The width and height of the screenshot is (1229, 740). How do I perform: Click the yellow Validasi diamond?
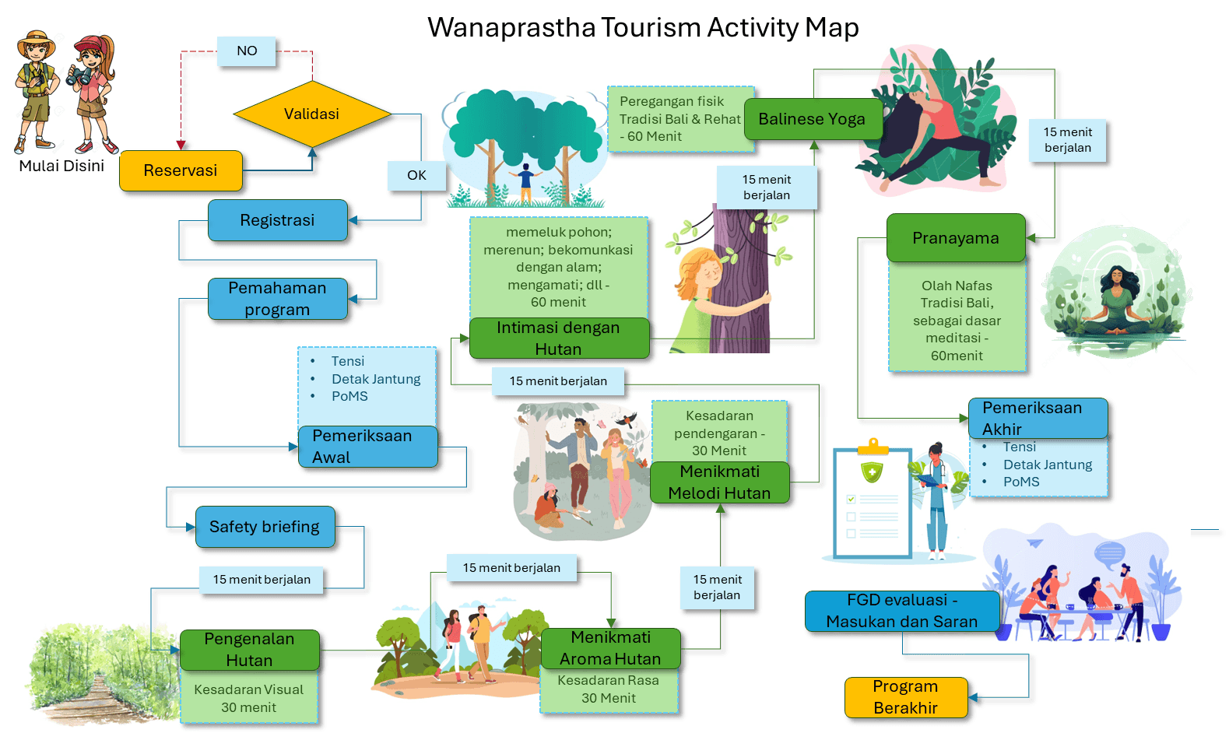point(311,114)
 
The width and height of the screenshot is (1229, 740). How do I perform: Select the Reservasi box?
point(180,170)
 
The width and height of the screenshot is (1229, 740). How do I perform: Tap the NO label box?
point(247,51)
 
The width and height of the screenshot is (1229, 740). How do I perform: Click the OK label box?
point(416,176)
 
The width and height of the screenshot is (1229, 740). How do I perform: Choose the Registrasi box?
point(277,220)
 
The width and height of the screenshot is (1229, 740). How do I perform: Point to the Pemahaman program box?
point(277,299)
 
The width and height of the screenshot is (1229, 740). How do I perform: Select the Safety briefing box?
point(265,527)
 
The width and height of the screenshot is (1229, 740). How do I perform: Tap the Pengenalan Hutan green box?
point(249,650)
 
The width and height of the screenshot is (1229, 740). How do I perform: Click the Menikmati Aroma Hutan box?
point(610,648)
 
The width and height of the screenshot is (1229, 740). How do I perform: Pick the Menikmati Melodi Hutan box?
point(719,482)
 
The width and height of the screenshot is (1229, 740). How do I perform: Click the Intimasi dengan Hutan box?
point(558,338)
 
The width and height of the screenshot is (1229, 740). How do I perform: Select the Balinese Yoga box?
point(812,119)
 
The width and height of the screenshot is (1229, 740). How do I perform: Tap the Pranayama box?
point(955,238)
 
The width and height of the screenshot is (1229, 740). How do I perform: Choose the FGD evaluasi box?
point(901,611)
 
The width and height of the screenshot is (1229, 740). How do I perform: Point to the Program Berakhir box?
point(905,697)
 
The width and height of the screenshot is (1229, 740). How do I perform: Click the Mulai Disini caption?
point(61,166)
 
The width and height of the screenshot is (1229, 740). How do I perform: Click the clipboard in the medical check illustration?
point(872,502)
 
